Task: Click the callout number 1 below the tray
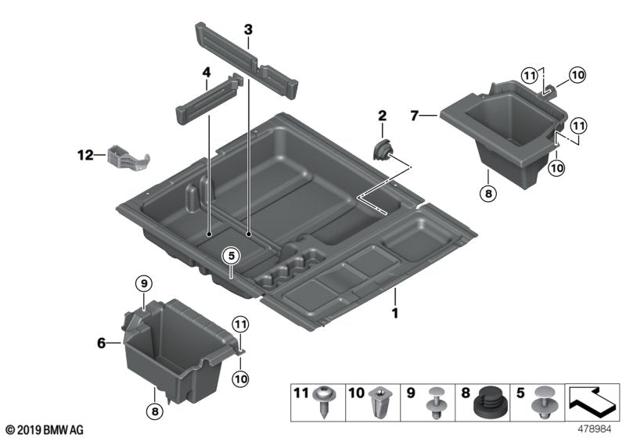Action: tap(395, 314)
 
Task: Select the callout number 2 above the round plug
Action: tap(382, 117)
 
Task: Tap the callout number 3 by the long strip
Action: tap(248, 31)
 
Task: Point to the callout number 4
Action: tap(207, 74)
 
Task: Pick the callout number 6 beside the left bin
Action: tap(100, 342)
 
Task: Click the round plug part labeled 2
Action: tap(384, 149)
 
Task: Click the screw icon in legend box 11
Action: tap(324, 404)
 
